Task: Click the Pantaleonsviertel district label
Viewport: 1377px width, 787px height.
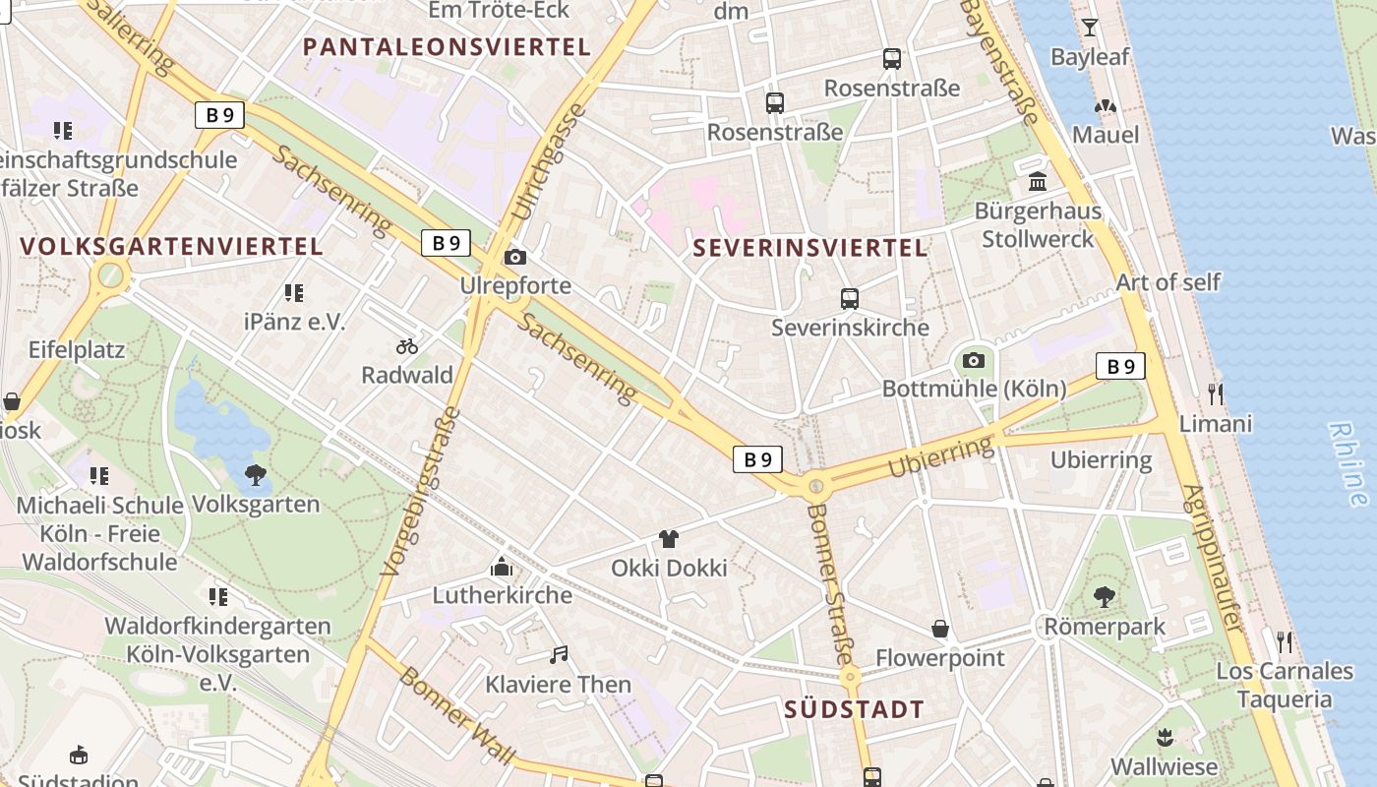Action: [447, 46]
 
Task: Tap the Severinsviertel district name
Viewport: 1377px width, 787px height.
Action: [810, 248]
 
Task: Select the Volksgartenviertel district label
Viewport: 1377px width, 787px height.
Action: [171, 246]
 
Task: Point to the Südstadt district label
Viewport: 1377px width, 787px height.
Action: [855, 709]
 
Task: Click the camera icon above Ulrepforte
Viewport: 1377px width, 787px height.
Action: [514, 258]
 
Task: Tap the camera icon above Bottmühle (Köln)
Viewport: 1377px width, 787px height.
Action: [974, 360]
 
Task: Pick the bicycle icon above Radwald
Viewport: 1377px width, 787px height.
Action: [407, 345]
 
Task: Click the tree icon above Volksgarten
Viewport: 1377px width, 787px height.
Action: [256, 475]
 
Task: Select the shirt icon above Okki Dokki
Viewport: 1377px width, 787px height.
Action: [669, 538]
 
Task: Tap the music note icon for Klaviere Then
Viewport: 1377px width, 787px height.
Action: [559, 654]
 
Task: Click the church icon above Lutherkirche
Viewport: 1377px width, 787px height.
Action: [502, 567]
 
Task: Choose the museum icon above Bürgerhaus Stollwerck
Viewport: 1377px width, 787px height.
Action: [1037, 182]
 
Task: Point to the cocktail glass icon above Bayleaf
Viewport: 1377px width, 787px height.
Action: [1090, 28]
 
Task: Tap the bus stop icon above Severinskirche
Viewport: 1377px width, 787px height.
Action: [850, 298]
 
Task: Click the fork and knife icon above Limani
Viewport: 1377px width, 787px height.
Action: [1216, 394]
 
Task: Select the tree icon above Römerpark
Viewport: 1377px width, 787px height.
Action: [1105, 596]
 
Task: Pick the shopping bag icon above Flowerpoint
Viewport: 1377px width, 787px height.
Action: [940, 629]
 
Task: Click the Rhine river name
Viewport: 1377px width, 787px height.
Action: [1347, 462]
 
